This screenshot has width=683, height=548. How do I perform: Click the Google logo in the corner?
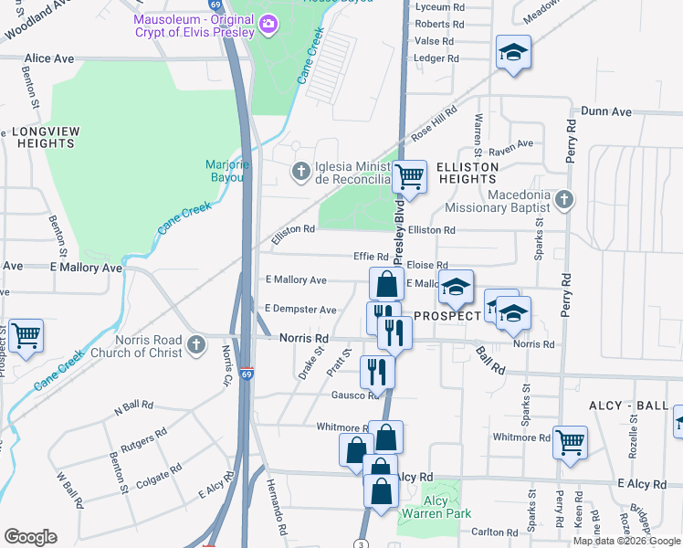(x=30, y=537)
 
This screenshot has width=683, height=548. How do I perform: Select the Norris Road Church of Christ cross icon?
(x=196, y=344)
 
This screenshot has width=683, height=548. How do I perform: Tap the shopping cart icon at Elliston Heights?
(x=410, y=176)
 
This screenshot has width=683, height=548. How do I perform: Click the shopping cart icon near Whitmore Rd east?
(x=570, y=442)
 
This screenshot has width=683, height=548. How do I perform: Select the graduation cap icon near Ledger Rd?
(x=513, y=53)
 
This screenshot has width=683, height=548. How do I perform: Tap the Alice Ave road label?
(x=49, y=58)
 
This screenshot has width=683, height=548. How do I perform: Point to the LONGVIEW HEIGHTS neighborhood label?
(x=44, y=137)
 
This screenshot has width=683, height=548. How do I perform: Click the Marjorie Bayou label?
(x=224, y=171)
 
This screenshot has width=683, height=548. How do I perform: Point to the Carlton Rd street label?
(x=496, y=532)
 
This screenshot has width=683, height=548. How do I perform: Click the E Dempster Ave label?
(x=300, y=310)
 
